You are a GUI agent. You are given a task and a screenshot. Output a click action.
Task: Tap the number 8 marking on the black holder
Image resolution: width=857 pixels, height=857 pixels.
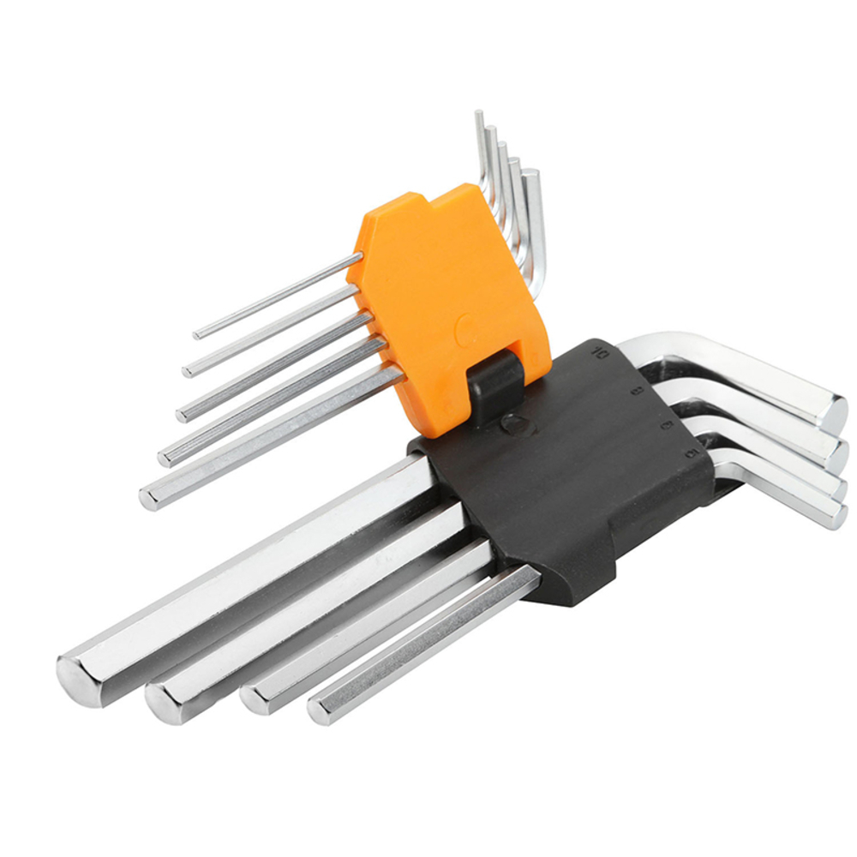(x=636, y=391)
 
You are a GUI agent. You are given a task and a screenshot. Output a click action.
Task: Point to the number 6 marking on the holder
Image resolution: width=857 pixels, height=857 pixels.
(x=665, y=424)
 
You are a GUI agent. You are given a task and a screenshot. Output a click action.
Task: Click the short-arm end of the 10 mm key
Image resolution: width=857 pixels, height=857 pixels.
(x=829, y=411)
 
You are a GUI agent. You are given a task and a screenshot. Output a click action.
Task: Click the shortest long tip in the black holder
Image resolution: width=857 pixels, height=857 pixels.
(x=321, y=710)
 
